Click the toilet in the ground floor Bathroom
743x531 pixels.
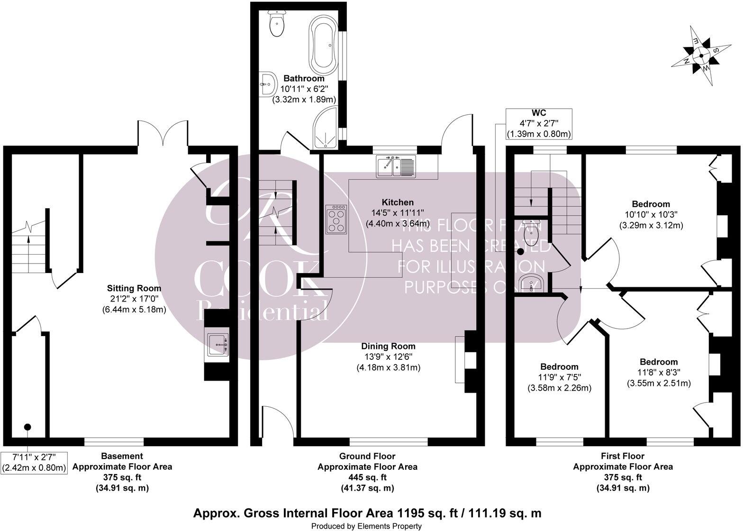click(x=276, y=24)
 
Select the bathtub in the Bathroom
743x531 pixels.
click(x=324, y=43)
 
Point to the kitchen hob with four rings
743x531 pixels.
click(x=336, y=219)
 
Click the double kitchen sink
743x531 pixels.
click(x=396, y=166)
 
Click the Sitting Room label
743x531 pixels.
click(x=134, y=288)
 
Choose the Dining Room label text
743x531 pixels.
click(x=388, y=346)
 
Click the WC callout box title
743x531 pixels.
click(x=539, y=113)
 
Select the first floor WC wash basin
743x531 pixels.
click(x=532, y=284)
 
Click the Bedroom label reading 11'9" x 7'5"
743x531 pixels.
click(x=559, y=367)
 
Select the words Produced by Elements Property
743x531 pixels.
click(x=366, y=526)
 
